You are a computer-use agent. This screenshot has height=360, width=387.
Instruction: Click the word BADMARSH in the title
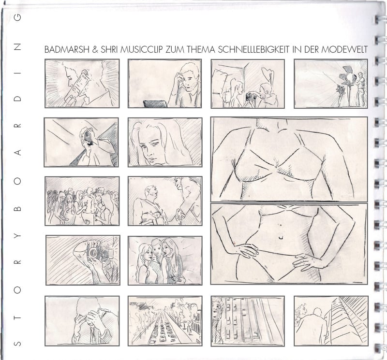point(67,49)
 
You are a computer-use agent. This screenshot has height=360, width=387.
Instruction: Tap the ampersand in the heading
point(95,50)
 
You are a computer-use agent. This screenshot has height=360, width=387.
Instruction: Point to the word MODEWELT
point(344,49)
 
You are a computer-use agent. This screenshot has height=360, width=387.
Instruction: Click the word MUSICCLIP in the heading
point(142,49)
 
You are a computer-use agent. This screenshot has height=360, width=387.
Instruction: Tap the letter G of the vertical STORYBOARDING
point(17,17)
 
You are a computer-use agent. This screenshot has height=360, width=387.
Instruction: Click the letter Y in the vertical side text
point(17,235)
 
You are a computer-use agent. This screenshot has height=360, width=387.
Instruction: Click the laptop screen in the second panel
point(155,104)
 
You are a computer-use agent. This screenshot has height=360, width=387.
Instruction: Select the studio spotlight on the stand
point(347,75)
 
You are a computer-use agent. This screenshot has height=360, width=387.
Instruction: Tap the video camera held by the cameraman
point(88,137)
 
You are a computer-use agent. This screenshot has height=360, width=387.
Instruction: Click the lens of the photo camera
point(93,252)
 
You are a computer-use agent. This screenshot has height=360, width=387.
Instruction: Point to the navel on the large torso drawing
point(281,237)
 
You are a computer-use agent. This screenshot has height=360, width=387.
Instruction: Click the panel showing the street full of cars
point(165,321)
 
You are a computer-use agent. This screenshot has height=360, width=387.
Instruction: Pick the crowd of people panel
point(82,201)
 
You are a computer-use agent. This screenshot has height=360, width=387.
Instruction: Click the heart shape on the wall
point(268,73)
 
